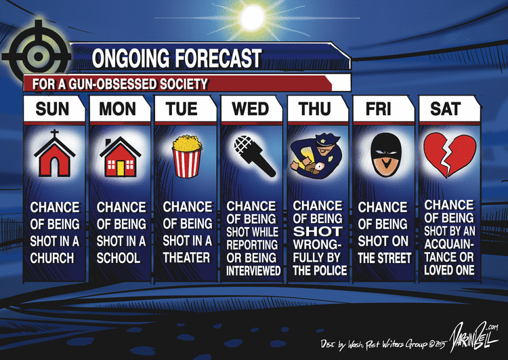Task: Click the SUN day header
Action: (x=52, y=108)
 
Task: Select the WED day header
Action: (x=250, y=108)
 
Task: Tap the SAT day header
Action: (x=445, y=108)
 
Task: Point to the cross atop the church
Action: (x=54, y=134)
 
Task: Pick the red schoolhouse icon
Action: (x=120, y=157)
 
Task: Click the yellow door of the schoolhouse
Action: (x=121, y=168)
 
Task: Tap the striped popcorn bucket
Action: (x=187, y=157)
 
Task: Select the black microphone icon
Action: (x=254, y=156)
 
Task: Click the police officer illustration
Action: (x=316, y=157)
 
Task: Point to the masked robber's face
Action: (x=386, y=155)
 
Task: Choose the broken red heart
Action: (x=450, y=156)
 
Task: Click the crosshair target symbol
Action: (x=37, y=56)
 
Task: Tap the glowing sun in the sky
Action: (x=253, y=18)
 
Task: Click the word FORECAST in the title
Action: (x=218, y=58)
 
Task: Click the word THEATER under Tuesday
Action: (x=187, y=258)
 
